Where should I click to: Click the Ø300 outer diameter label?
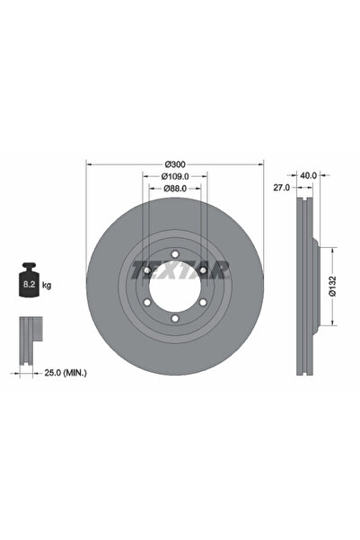(175, 164)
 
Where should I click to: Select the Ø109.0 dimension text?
(175, 177)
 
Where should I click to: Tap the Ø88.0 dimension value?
(175, 190)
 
